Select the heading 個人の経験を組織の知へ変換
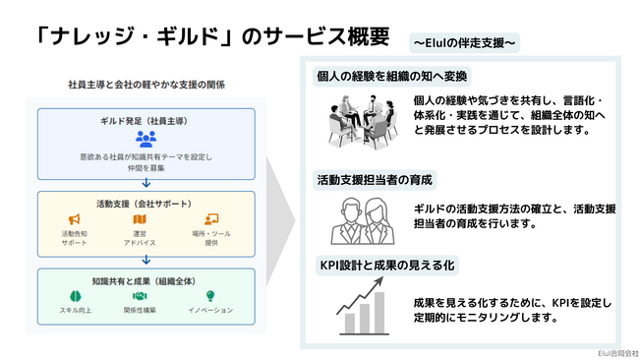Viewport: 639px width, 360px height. [x=391, y=76]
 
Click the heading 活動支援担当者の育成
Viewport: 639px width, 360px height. [x=375, y=180]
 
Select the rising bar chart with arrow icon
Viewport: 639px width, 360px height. [x=361, y=306]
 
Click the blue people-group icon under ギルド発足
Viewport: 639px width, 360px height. [x=146, y=138]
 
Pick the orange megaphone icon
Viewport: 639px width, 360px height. [x=74, y=218]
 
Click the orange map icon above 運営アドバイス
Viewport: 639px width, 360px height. [x=146, y=218]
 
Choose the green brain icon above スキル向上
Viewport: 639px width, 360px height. [x=74, y=295]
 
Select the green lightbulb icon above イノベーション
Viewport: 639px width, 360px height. [x=209, y=295]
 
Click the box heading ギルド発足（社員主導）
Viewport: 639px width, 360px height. [x=146, y=119]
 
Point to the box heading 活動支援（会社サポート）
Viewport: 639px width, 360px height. [x=145, y=203]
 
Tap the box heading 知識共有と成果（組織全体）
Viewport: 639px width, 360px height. [x=145, y=279]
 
